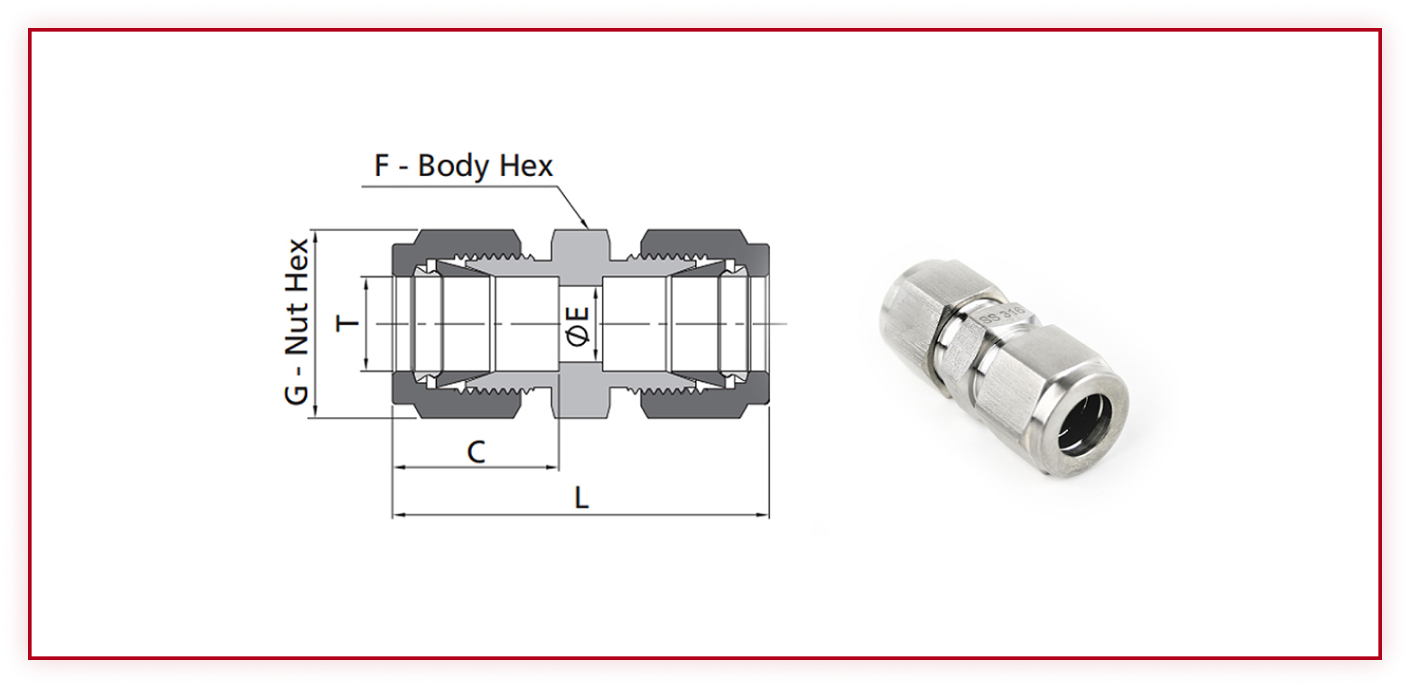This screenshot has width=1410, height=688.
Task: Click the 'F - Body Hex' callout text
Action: click(463, 166)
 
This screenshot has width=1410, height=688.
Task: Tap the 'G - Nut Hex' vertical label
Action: click(296, 321)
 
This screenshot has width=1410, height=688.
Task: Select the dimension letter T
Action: click(347, 323)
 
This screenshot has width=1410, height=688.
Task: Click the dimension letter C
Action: click(477, 452)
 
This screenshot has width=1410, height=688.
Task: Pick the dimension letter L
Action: click(581, 498)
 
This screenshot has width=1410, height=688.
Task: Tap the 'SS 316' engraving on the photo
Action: click(1004, 316)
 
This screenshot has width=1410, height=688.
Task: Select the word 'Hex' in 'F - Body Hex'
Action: click(527, 166)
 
